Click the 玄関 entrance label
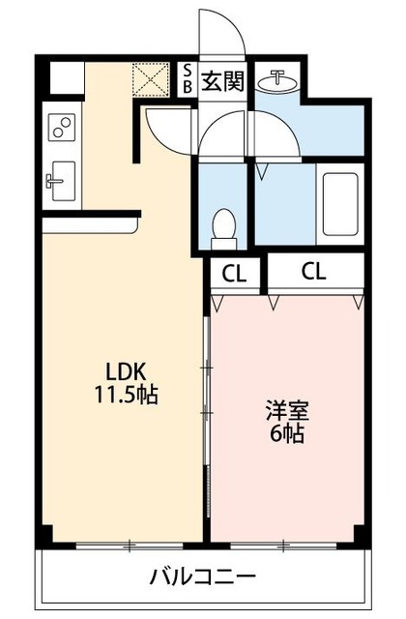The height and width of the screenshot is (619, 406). point(222,81)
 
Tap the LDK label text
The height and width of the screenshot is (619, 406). point(126,370)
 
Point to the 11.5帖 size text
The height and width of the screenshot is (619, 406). point(126,395)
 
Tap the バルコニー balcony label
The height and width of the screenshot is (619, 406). point(202,577)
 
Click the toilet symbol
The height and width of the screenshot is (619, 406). point(223,225)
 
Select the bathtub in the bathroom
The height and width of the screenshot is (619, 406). point(340,204)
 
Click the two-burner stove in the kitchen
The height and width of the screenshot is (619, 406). point(63,128)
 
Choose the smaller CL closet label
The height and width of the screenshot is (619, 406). point(234,273)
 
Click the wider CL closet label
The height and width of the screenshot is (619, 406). point(314,271)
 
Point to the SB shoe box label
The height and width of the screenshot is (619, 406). point(188,77)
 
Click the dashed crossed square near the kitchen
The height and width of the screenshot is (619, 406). point(151,78)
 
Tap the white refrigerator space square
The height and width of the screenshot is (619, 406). point(66,77)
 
